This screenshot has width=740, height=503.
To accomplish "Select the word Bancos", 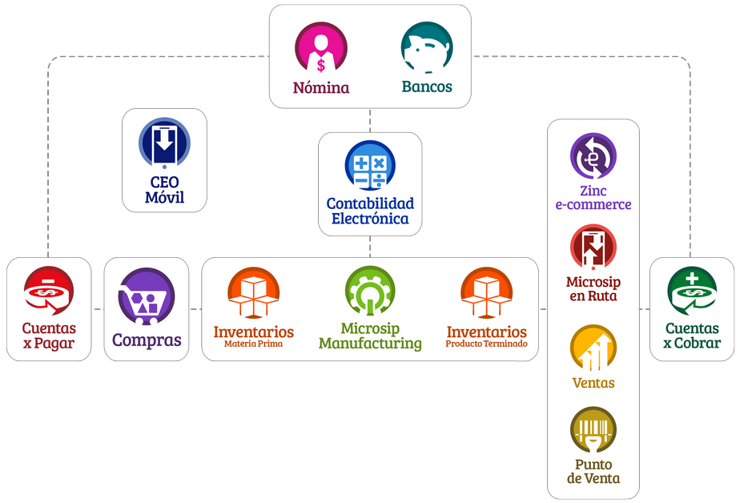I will [x=426, y=87].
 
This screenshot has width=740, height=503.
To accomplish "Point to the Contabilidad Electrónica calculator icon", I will [x=370, y=166].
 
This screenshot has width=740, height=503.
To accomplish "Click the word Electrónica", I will [x=370, y=219].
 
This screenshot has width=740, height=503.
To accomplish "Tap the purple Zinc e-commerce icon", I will [x=593, y=157].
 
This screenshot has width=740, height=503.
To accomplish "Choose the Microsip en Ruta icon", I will [x=593, y=247].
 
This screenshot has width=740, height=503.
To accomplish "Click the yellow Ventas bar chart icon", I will [x=593, y=348].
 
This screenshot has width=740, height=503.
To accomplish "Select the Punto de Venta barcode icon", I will [x=593, y=431].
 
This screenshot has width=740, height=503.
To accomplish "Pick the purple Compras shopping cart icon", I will [x=146, y=296].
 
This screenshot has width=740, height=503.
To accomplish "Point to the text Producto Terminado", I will [x=487, y=344].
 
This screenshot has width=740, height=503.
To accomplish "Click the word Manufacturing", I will [x=370, y=344].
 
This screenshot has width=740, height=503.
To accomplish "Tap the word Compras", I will [x=147, y=340].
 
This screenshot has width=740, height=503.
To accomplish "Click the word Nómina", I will [x=321, y=87].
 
